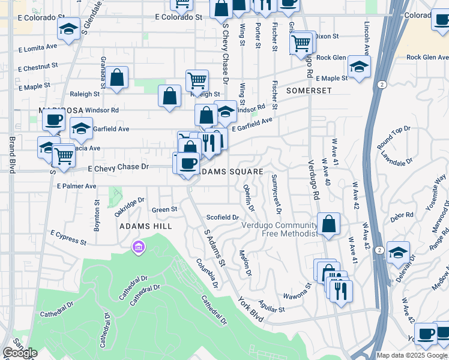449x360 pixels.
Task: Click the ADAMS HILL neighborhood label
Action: click(146, 226)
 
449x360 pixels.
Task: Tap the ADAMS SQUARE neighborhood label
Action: click(231, 172)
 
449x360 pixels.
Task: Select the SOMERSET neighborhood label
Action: click(309, 90)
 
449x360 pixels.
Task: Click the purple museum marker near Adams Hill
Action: click(139, 247)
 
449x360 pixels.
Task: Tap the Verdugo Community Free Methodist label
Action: click(279, 229)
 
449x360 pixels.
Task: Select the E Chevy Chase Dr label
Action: click(118, 169)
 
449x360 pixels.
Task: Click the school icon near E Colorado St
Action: click(70, 29)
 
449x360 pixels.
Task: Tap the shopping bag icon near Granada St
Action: click(117, 77)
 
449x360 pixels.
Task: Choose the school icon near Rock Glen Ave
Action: click(359, 66)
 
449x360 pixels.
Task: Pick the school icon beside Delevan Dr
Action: click(397, 253)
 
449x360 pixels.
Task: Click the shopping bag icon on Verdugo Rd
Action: click(328, 224)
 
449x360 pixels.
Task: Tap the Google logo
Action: click(20, 353)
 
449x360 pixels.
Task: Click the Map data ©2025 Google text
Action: click(412, 355)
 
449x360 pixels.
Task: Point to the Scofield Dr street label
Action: click(223, 217)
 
